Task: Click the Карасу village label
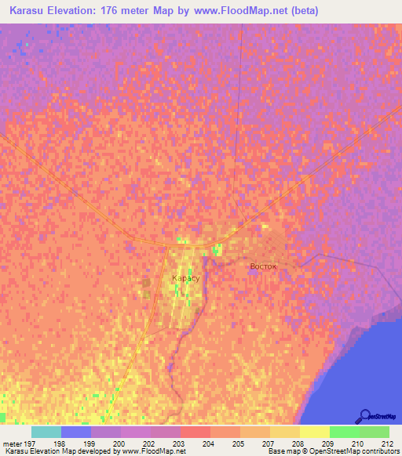pos(185,278)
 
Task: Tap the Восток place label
pos(263,266)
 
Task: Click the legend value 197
pos(30,443)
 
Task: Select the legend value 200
pos(119,443)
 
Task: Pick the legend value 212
pos(386,443)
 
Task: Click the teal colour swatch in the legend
pos(46,432)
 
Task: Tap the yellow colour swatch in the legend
pos(314,432)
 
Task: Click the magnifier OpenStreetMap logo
pos(365,416)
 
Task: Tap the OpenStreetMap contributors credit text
pos(350,452)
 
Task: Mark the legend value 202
pos(148,443)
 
